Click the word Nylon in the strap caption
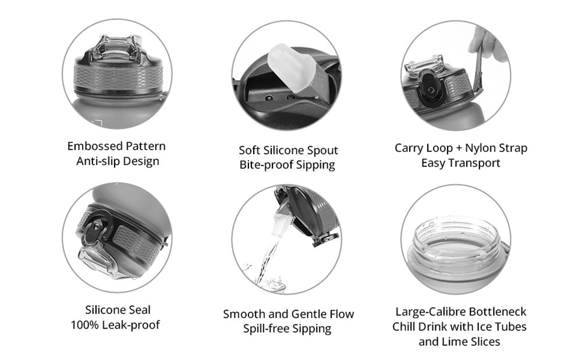coord(481,148)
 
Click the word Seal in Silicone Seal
coord(140,309)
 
